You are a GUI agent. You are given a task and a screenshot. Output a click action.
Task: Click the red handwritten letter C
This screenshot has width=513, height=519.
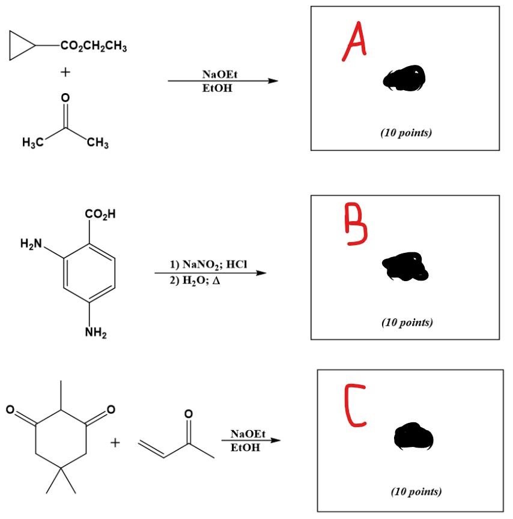pos(356,406)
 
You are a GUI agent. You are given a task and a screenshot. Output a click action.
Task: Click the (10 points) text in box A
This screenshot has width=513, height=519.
pos(405,133)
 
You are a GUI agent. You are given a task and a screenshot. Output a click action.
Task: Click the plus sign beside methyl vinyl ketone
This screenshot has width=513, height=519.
pos(114,443)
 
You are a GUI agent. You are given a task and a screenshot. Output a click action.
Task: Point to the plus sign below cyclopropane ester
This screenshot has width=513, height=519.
pos(64,71)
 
